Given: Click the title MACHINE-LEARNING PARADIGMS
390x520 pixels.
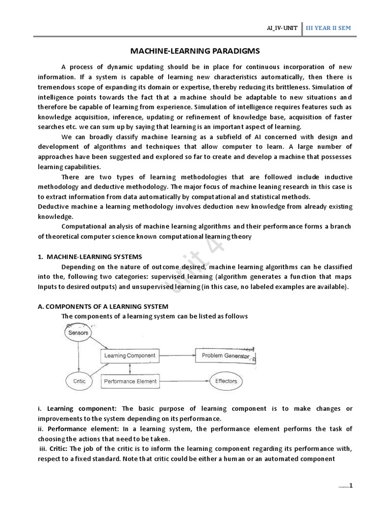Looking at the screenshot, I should click(x=194, y=51).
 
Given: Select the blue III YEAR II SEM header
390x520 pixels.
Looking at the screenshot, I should click(x=328, y=29).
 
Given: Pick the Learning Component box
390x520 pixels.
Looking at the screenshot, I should click(x=130, y=355).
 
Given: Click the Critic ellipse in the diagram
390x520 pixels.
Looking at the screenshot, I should click(x=79, y=381).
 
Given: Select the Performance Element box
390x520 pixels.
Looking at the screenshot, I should click(x=130, y=381).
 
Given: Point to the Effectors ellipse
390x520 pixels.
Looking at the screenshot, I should click(x=226, y=381).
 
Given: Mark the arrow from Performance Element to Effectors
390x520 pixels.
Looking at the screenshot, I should click(x=185, y=381).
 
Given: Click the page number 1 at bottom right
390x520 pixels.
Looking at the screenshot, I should click(x=350, y=485).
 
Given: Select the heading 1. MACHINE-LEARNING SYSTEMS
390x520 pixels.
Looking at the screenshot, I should click(x=90, y=256).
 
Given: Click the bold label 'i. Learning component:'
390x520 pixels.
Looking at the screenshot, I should click(x=78, y=409).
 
